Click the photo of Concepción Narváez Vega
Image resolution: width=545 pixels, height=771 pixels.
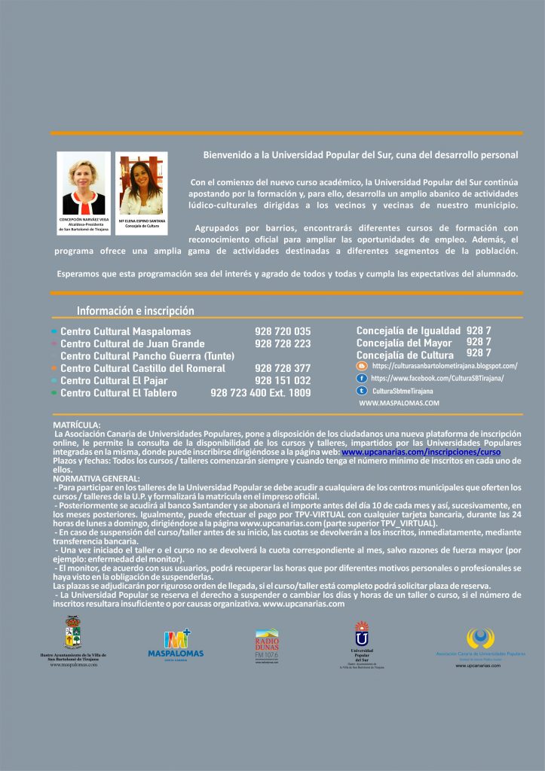coord(84,184)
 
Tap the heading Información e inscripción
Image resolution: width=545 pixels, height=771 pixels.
coord(136,311)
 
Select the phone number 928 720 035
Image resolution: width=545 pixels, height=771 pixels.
coord(283,331)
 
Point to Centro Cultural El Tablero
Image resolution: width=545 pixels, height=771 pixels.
coord(118,393)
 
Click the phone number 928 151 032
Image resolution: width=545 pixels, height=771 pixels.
coord(283,381)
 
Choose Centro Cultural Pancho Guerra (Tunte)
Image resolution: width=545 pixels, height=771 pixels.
coord(147,356)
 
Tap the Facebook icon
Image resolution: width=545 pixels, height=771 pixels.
coord(362,378)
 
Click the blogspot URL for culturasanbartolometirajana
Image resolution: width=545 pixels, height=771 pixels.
coord(445,366)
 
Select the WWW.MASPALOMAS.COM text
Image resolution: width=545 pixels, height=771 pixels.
coord(399,404)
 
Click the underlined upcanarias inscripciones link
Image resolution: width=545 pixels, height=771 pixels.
coord(421,453)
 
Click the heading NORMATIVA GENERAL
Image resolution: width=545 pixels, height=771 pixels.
coord(96,478)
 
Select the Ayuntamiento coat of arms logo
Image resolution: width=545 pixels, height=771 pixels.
coord(73,633)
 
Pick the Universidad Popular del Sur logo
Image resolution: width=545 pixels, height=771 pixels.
coord(362,640)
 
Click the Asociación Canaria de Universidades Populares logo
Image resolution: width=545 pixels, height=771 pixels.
coord(480,641)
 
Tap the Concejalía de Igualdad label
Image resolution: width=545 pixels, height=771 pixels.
coord(408,331)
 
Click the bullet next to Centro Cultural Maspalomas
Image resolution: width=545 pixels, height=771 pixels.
coord(54,331)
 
